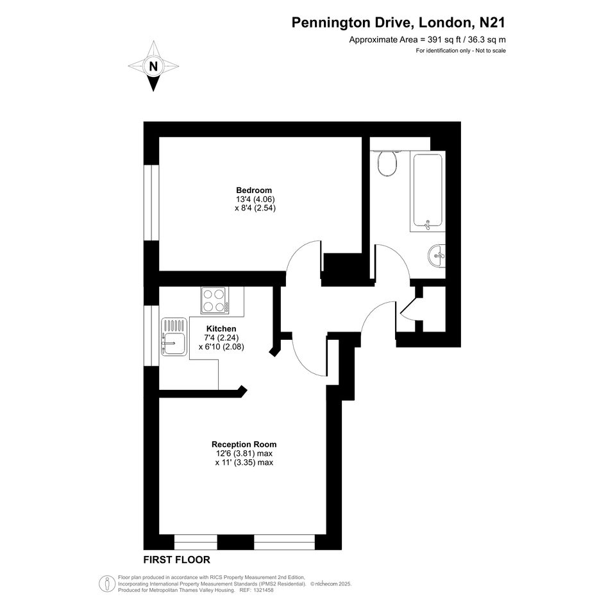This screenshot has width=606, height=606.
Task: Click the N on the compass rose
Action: tap(153, 67)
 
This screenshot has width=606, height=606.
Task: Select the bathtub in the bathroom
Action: tap(428, 191)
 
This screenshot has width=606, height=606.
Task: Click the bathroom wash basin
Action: tap(437, 255)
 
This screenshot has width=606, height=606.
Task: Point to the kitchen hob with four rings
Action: tap(214, 300)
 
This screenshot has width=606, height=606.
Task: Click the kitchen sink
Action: tap(174, 337)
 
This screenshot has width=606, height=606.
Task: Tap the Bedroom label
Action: tap(254, 190)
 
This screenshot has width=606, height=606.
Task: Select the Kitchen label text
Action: tap(221, 328)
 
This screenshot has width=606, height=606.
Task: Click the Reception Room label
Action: tap(244, 444)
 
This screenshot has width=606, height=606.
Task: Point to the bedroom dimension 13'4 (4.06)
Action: tap(255, 199)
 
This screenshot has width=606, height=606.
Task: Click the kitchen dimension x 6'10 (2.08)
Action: tap(221, 347)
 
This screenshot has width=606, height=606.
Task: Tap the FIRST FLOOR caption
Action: tap(176, 560)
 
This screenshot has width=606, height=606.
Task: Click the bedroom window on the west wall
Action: tap(151, 203)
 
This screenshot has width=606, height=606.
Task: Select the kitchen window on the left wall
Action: tap(151, 335)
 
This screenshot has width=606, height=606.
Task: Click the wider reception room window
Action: tap(285, 543)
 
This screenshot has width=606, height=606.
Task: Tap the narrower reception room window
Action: tap(196, 543)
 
